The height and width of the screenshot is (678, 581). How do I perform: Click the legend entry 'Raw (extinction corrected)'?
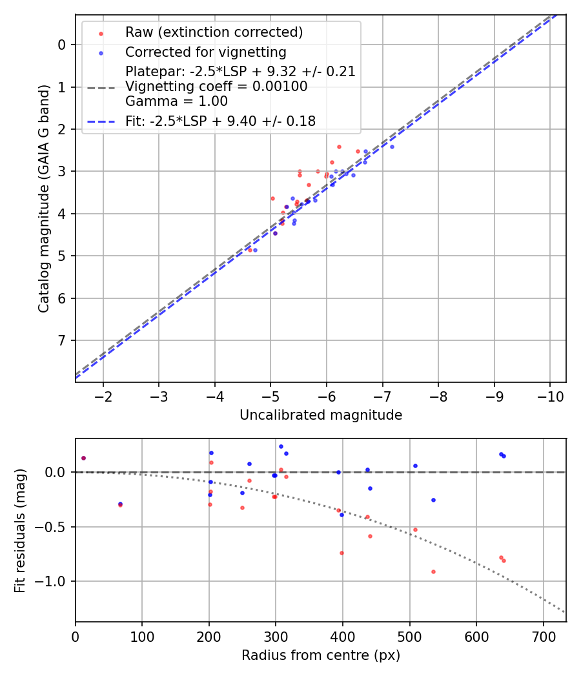coord(214,32)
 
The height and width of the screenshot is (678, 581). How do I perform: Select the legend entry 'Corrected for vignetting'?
coord(205,52)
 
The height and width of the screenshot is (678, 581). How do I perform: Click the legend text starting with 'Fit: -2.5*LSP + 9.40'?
coord(220,121)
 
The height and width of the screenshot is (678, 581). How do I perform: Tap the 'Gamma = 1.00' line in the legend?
coord(176,101)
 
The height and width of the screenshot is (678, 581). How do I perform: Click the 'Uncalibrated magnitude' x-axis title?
coord(321,415)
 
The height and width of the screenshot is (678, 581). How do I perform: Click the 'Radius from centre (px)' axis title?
coord(321,655)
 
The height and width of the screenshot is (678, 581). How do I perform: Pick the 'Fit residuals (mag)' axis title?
coord(21,530)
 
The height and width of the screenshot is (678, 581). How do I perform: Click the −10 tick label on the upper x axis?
coord(549,395)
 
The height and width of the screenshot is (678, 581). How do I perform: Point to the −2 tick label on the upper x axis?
coord(103,395)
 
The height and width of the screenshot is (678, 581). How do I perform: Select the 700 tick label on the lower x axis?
coord(543,635)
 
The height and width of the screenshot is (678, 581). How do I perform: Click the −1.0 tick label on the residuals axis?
coord(51,581)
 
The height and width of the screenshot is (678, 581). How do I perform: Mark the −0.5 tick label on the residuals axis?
coord(51,527)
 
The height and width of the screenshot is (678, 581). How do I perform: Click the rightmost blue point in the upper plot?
coord(392,147)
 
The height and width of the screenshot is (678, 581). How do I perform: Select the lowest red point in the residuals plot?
coord(433,571)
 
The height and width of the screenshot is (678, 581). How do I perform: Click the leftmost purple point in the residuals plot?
coord(83,458)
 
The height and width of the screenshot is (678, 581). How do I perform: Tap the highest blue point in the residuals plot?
coord(281,446)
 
